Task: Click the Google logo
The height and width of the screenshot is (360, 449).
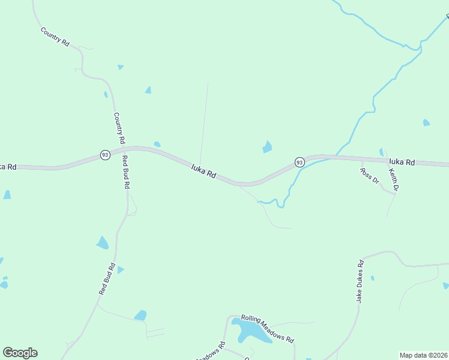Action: [20, 353]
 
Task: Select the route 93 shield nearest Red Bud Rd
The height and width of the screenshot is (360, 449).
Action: [105, 155]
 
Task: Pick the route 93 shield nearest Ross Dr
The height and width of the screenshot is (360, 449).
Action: [299, 162]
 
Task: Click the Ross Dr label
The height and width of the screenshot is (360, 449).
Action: [370, 175]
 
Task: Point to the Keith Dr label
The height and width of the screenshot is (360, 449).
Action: [394, 180]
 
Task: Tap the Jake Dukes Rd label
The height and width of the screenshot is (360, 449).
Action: [358, 281]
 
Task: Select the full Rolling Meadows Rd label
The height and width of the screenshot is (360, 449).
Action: [267, 329]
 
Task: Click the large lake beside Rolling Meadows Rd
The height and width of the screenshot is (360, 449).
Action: [249, 330]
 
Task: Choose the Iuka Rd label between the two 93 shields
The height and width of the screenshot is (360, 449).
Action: [203, 171]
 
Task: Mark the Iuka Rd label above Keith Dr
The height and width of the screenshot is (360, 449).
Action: [402, 162]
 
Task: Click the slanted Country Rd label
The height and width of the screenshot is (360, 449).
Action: [55, 37]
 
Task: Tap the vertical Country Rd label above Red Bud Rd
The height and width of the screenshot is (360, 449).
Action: [119, 127]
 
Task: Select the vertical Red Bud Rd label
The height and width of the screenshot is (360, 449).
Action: [125, 173]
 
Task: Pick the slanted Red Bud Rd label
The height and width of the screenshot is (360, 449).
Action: [107, 278]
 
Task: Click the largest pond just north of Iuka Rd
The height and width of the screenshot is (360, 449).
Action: [267, 146]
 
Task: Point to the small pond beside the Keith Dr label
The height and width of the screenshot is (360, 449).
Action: [381, 152]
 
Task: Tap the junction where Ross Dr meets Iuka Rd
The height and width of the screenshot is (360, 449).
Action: [362, 160]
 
